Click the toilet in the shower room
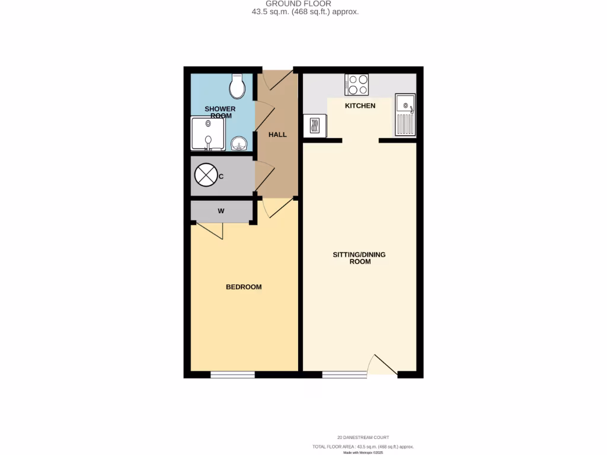coord(238,86)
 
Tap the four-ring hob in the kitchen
coord(356,84)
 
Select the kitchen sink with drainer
coord(405,115)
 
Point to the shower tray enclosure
coord(207,134)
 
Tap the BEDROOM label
coord(244,287)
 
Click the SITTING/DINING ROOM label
coord(359,258)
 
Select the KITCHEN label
coord(360,105)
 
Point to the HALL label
coord(277,134)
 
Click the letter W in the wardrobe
coord(221,210)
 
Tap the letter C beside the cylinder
coord(221,177)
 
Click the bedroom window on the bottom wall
coord(232,374)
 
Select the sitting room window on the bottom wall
coord(344,374)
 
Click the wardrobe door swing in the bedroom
coord(209,231)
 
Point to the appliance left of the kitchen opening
coord(315,126)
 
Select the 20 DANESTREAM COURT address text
coord(363,437)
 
